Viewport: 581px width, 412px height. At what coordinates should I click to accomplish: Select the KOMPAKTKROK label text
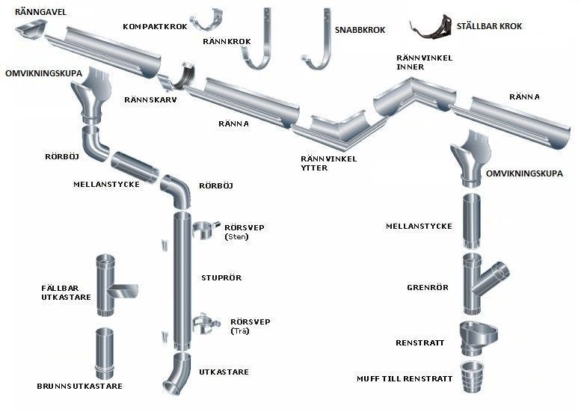pos(153,26)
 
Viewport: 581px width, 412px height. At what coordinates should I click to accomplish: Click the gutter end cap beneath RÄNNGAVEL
pos(31,30)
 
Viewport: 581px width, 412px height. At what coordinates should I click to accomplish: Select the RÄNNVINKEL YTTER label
pos(328,163)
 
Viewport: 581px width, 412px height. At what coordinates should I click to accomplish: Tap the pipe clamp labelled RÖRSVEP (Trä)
pos(203,325)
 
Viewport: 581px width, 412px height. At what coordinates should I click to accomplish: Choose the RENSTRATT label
pos(420,343)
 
